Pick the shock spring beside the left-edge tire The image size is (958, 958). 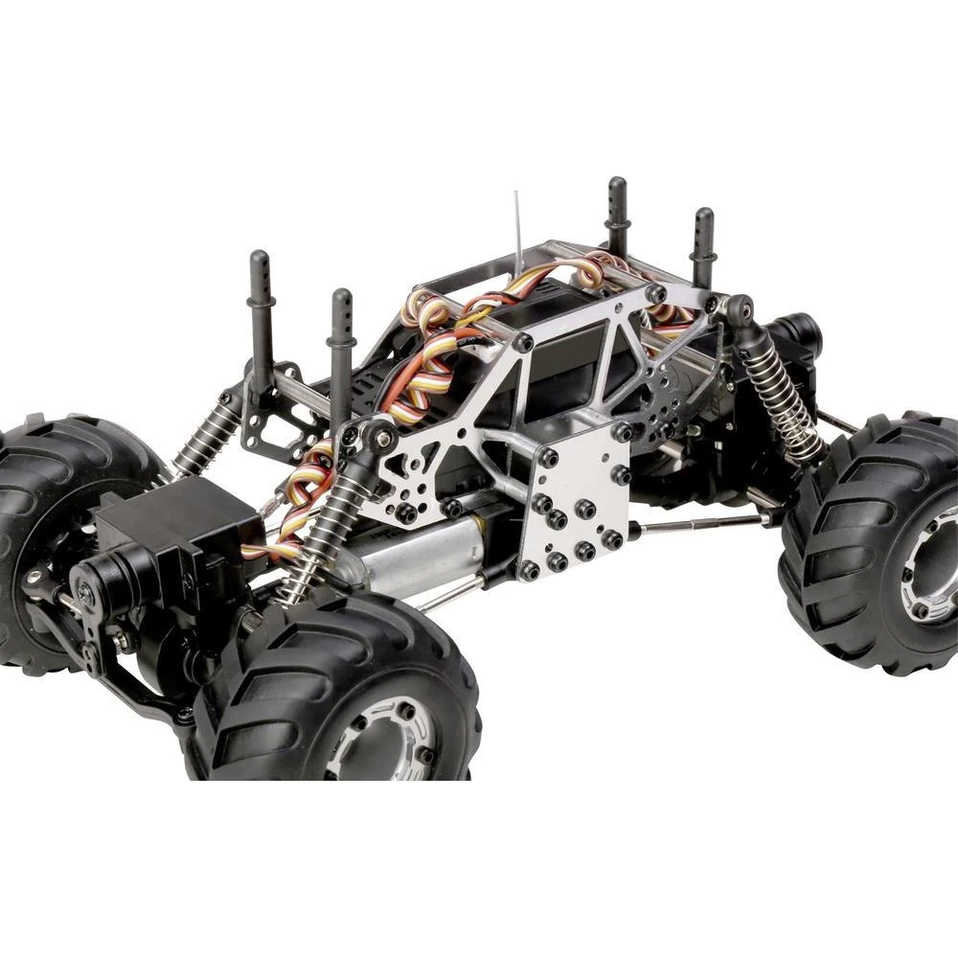206,436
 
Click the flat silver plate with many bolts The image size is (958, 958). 575,513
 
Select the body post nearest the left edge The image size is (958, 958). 261,307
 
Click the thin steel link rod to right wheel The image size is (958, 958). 699,522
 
